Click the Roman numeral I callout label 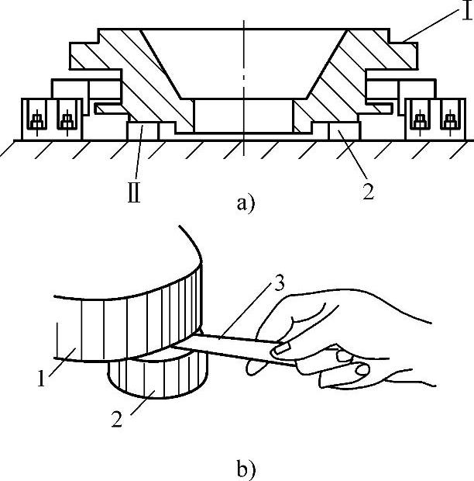coord(467,12)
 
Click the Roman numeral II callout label coord(134,193)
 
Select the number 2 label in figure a coord(369,191)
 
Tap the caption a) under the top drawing coord(246,204)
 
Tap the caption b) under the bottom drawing coord(246,469)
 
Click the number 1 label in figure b coord(41,378)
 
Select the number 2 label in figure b coord(117,418)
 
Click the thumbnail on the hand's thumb coord(280,349)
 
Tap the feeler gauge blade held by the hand coord(232,348)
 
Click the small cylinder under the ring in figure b coord(158,378)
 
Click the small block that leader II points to coord(143,131)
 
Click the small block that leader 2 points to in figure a coord(344,131)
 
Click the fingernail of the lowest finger coord(362,369)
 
